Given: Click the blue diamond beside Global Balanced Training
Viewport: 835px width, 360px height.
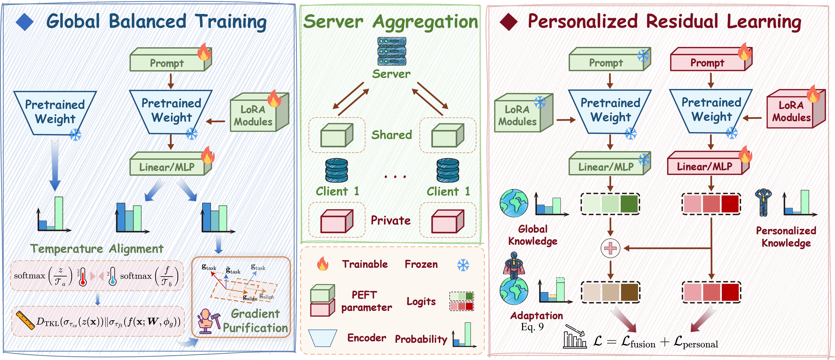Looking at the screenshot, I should [x=25, y=22].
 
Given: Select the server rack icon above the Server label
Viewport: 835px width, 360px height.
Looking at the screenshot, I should [x=392, y=51].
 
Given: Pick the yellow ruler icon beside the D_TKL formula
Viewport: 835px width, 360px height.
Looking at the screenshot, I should [x=25, y=320].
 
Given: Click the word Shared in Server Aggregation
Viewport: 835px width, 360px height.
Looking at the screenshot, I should [x=392, y=135].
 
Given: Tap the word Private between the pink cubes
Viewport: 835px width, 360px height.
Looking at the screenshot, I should [x=391, y=220].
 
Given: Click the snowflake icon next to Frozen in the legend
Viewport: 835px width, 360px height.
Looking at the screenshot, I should [x=463, y=265].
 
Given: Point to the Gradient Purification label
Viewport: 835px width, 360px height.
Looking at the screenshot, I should [x=255, y=320].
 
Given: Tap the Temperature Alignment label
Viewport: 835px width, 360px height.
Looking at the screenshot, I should [x=97, y=249].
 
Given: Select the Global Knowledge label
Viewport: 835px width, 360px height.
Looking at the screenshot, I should [x=532, y=235].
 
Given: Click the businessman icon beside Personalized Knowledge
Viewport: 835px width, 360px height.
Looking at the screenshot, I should [x=763, y=202].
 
